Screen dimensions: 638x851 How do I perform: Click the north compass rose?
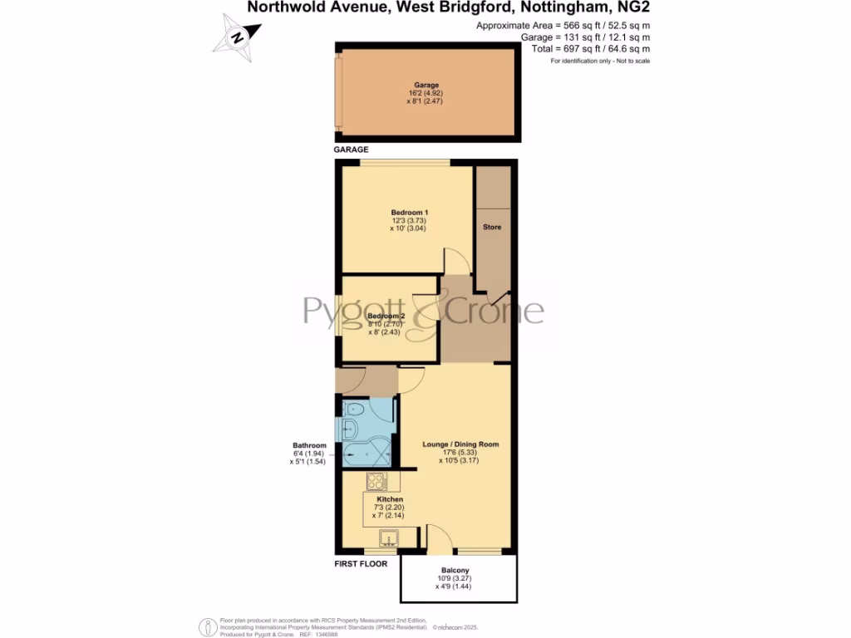tap(237, 37)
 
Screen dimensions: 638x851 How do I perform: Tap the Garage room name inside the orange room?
tap(426, 85)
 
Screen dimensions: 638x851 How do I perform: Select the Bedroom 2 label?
tap(386, 317)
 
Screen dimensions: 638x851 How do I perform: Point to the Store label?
tap(492, 227)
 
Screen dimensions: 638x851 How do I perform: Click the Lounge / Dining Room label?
tap(460, 444)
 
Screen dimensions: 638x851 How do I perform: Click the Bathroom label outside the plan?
tap(308, 445)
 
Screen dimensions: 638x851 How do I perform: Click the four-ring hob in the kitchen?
tap(375, 481)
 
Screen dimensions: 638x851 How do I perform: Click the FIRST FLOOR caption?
tap(362, 564)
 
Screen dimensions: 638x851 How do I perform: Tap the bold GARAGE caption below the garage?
tap(352, 150)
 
